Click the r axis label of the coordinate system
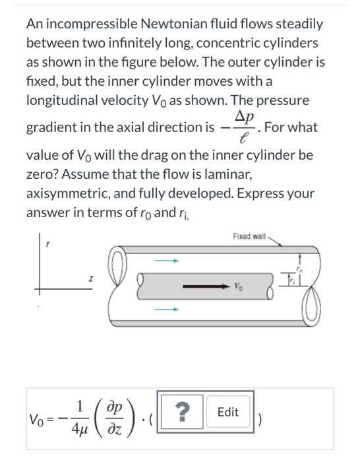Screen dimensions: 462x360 point(46,244)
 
